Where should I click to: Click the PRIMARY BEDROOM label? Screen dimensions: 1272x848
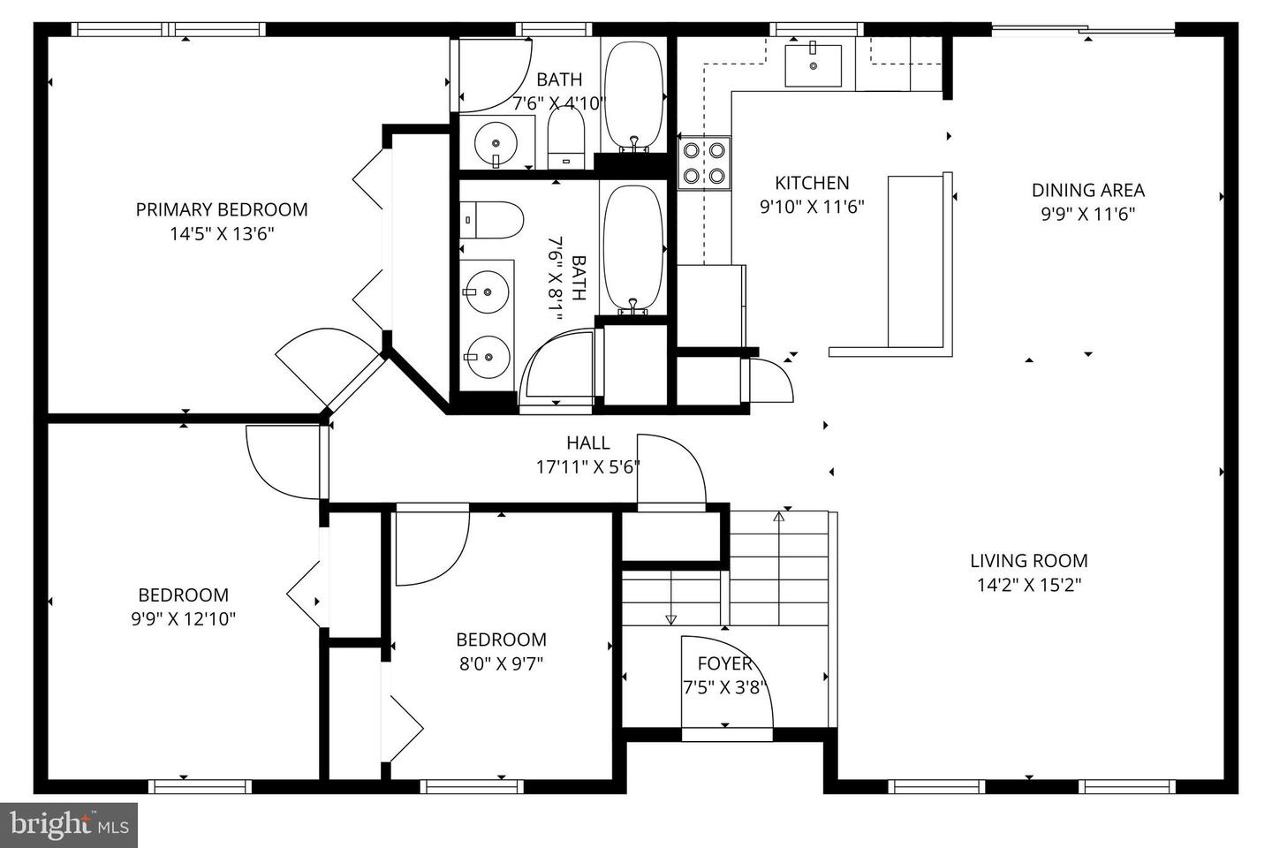222,209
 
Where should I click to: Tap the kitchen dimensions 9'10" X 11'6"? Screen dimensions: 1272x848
812,207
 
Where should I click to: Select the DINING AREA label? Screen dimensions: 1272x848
1088,190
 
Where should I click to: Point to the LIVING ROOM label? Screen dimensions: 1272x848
1029,561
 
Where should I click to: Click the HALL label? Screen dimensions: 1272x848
588,443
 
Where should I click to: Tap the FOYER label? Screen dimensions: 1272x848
725,663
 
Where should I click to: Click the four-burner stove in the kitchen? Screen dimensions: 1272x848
704,163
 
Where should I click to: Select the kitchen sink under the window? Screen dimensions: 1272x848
814,66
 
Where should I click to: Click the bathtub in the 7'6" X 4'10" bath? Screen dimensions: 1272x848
633,95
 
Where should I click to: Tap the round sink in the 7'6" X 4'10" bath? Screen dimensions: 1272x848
496,144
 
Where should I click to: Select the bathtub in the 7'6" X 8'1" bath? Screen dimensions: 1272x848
633,249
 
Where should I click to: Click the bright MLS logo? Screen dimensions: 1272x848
69,825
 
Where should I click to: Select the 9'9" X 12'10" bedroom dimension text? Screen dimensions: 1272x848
184,618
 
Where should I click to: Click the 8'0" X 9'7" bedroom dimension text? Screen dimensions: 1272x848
502,663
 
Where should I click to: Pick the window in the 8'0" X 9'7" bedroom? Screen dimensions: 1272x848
473,786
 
